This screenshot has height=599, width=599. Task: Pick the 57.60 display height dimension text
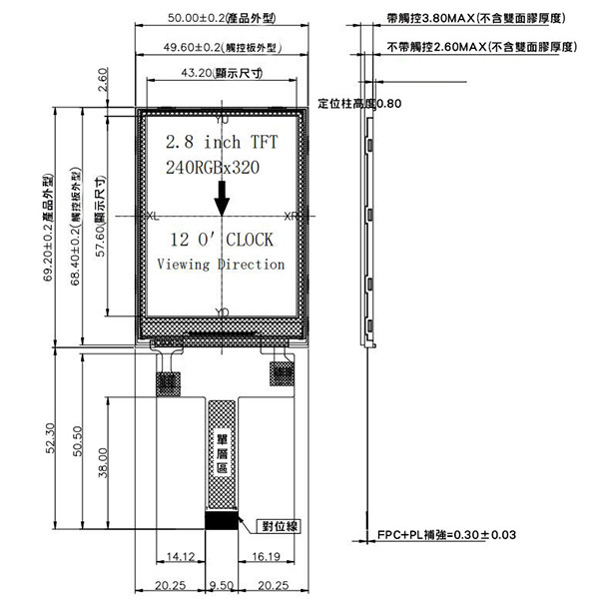(x=100, y=219)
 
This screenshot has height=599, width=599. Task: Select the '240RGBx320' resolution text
(x=213, y=168)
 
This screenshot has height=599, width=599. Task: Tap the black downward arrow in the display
(x=222, y=202)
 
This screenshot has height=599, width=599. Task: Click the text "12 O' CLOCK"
(x=221, y=241)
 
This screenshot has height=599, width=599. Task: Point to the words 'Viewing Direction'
(x=221, y=265)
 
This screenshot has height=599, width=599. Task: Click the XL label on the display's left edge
(x=152, y=217)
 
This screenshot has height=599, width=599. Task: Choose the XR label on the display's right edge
(x=291, y=217)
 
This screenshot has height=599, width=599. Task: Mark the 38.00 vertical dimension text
(x=101, y=462)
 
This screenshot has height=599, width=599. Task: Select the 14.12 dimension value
(x=180, y=556)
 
